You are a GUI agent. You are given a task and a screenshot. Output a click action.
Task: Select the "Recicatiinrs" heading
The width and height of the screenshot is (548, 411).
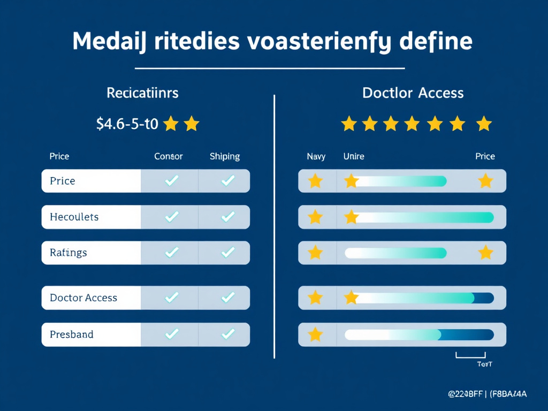[142, 93]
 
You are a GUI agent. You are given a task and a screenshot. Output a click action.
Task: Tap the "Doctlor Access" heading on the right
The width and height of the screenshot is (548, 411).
[413, 93]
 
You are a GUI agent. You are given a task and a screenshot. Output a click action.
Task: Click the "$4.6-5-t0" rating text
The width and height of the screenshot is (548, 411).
[127, 124]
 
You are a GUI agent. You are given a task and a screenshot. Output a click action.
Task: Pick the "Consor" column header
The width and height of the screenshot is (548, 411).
[169, 156]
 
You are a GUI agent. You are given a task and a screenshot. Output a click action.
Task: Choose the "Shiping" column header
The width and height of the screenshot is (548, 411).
[225, 156]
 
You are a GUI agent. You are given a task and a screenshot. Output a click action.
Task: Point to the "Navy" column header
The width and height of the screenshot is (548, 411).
[316, 156]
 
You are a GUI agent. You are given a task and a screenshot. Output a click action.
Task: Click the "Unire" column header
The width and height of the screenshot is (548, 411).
[354, 156]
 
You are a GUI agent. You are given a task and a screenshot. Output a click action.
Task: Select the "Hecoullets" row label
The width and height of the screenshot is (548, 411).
[74, 217]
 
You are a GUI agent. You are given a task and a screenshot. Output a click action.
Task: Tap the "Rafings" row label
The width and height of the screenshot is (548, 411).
[68, 252]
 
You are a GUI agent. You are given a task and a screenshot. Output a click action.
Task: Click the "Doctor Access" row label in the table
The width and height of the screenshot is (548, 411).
[83, 298]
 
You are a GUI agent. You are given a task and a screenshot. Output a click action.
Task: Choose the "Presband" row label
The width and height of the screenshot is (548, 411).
[72, 334]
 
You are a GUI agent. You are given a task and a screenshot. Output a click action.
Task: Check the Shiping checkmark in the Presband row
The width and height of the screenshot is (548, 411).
[228, 334]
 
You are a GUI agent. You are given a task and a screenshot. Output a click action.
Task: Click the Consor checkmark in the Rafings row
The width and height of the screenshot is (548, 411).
[171, 252]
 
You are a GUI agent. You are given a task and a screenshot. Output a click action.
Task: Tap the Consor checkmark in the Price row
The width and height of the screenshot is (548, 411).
[171, 181]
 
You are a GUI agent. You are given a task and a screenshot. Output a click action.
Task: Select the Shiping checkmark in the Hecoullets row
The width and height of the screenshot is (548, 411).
[228, 217]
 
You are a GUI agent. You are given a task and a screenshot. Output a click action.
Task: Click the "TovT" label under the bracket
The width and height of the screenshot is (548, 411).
[484, 364]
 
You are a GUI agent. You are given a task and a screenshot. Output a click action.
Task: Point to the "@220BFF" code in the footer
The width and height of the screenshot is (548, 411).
[465, 394]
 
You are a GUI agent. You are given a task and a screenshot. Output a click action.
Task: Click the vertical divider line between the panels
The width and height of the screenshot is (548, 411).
[274, 225]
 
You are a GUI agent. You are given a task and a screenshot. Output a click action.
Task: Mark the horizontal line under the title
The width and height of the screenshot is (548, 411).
[270, 68]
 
